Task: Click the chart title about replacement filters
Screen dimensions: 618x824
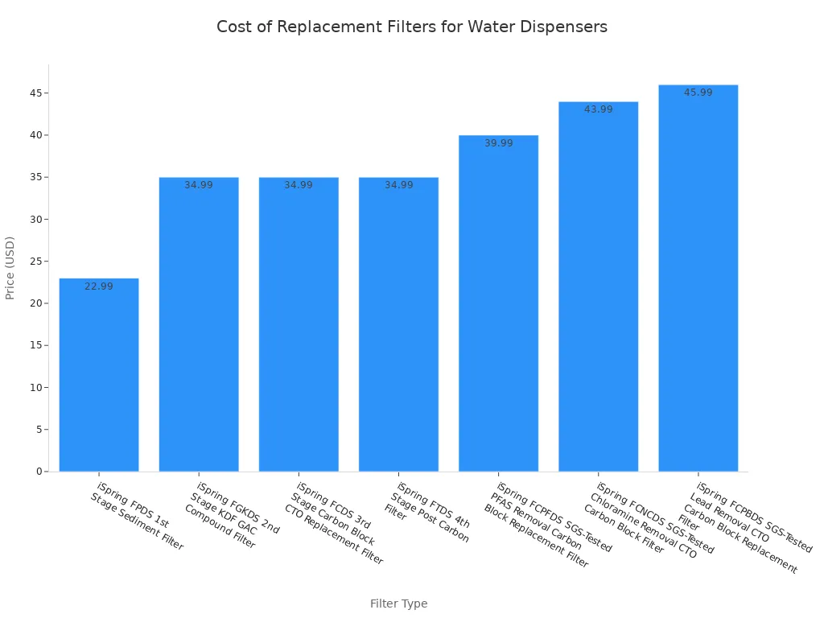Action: point(412,27)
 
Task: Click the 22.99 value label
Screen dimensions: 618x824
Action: point(99,286)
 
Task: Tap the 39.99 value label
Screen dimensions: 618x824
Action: point(498,143)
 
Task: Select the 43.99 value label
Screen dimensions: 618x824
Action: point(598,109)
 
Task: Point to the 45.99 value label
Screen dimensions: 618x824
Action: point(698,93)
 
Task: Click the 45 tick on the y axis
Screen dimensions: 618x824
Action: point(35,93)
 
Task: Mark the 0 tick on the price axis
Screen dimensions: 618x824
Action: point(38,472)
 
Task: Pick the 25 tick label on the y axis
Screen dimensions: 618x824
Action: point(35,262)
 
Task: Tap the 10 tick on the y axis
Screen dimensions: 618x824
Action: point(35,388)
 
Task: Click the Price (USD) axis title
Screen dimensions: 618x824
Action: point(10,268)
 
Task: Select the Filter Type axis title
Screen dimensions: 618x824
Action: point(398,604)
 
